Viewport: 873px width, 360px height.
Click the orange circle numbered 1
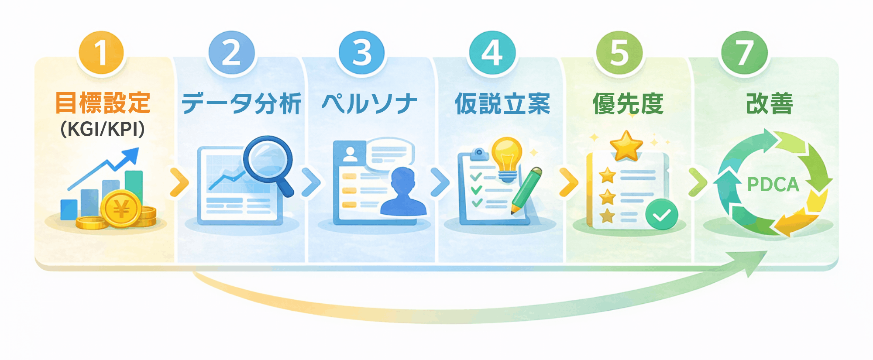click(101, 53)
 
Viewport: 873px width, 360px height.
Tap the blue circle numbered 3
click(361, 53)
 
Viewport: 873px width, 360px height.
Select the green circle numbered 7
click(744, 53)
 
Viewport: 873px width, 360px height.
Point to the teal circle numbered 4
click(492, 53)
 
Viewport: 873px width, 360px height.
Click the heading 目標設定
click(103, 103)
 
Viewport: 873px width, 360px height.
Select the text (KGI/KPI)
click(103, 129)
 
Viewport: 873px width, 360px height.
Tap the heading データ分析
click(241, 104)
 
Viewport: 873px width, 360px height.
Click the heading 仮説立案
click(502, 104)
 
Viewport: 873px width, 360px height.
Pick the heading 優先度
click(628, 104)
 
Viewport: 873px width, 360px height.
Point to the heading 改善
click(769, 104)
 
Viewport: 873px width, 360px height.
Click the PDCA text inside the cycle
click(773, 185)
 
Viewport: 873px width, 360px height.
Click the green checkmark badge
click(661, 214)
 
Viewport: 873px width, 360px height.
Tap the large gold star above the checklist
click(626, 145)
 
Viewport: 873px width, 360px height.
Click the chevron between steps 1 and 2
click(179, 182)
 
